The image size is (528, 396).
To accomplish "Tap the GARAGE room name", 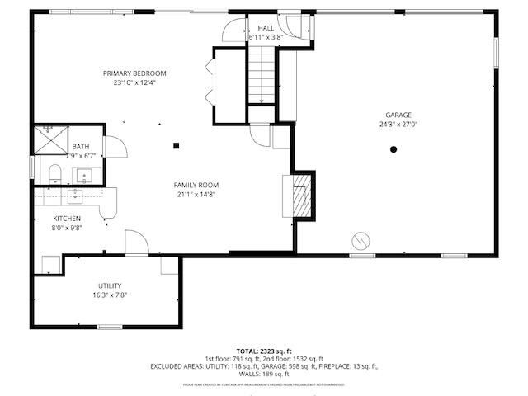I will (398, 115).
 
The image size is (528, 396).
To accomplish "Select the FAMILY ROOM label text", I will (195, 185).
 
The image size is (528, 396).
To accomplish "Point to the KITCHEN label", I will (67, 218).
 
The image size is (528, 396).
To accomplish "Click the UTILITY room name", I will (110, 285).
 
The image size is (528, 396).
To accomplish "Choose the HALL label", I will (266, 28).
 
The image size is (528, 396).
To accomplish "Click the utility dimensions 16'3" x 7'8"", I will (110, 295).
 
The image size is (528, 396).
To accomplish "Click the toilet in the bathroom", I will (54, 173).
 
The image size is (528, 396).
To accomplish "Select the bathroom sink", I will (84, 175).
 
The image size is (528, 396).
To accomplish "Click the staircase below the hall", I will (262, 74).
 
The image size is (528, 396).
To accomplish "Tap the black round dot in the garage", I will (394, 149).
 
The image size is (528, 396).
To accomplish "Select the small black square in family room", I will (176, 147).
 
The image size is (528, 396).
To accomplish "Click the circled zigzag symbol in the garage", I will (361, 240).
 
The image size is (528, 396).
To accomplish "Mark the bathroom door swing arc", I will (117, 148).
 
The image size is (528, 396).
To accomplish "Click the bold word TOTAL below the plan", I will (247, 351).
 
